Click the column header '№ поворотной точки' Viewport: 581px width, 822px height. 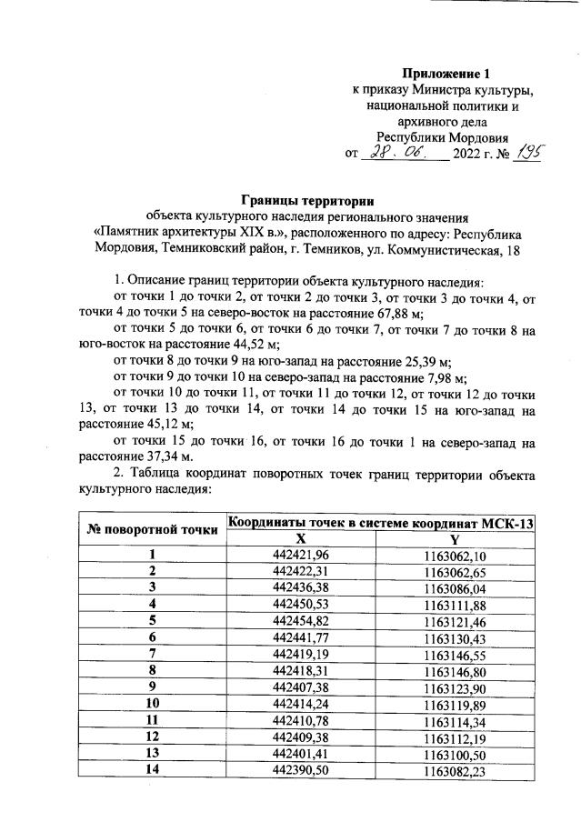point(153,529)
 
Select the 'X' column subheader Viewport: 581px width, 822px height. point(300,538)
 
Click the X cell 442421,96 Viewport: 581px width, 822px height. point(300,556)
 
